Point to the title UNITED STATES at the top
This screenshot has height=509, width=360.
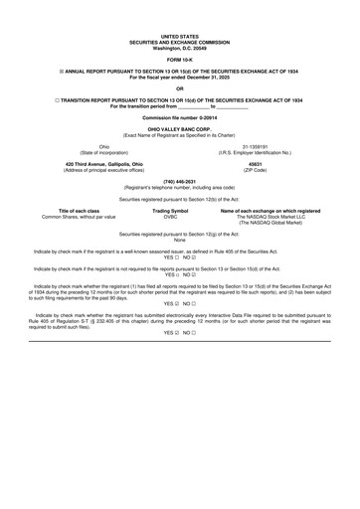[x=179, y=34]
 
